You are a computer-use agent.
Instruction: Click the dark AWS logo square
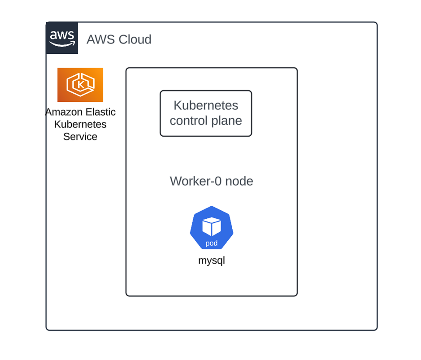[62, 38]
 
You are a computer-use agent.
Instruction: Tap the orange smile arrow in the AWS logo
[62, 44]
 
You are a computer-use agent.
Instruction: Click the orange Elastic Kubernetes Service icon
[80, 85]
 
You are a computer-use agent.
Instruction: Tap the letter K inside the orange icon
[81, 84]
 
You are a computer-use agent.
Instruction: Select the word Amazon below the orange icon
[62, 112]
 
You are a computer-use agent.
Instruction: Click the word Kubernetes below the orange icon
[80, 124]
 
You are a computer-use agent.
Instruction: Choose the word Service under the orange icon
[80, 136]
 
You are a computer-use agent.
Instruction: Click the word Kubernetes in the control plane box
[206, 106]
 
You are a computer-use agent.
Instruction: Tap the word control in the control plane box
[189, 121]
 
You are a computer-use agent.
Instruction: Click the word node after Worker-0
[239, 181]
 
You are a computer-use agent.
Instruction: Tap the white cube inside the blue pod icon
[212, 226]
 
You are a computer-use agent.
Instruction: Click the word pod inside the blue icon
[212, 243]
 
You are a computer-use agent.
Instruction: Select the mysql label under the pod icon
[212, 260]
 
